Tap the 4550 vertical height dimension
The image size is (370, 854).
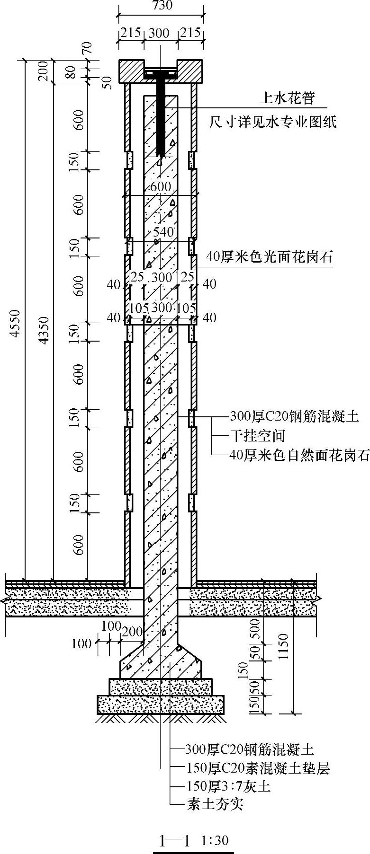(16, 323)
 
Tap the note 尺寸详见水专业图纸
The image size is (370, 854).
(273, 123)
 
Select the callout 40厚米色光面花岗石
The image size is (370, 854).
(270, 257)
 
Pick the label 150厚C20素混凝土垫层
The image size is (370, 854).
(256, 768)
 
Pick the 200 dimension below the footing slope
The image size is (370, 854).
(132, 631)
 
